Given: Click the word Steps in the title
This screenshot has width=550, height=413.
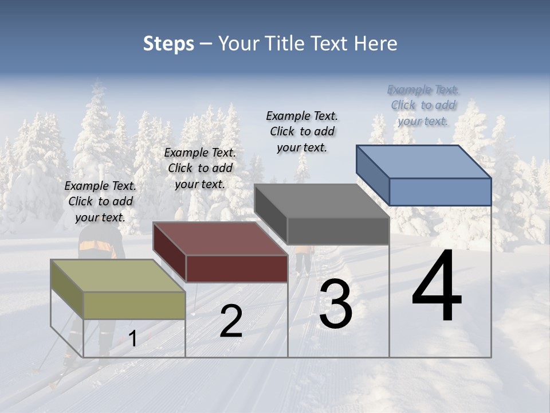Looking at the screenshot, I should [168, 44].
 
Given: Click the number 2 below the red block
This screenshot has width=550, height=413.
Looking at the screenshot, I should [231, 322].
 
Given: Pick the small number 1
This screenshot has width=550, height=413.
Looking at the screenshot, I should [133, 339].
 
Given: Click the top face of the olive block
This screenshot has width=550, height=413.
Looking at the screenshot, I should [117, 276].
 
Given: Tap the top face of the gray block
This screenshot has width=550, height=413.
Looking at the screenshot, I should [322, 201].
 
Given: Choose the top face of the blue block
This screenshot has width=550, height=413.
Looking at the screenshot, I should [424, 162].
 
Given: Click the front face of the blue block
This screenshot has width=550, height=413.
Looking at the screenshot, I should [440, 192].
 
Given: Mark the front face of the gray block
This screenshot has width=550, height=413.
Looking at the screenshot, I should [338, 231].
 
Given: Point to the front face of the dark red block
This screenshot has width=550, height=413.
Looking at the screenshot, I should [237, 268].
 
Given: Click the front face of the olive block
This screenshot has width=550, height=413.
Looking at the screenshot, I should [135, 305].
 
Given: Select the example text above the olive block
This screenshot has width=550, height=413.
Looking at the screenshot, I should [100, 201].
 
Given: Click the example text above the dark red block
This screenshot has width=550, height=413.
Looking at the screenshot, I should [200, 168].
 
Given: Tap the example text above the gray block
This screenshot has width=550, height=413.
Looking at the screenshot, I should [302, 131].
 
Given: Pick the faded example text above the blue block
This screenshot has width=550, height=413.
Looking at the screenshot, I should [423, 105].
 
